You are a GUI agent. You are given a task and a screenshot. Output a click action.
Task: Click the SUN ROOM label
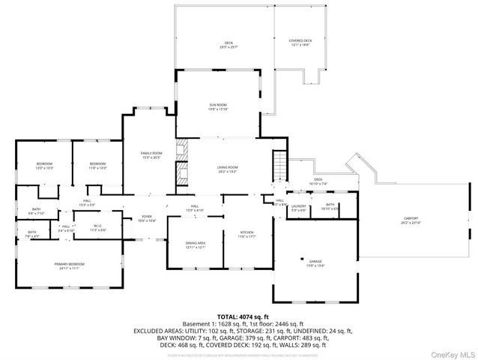[217, 106]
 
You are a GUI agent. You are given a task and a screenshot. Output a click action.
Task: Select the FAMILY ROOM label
[152, 155]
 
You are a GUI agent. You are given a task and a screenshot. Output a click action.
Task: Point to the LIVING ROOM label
[228, 169]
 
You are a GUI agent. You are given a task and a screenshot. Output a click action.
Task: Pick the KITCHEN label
[247, 234]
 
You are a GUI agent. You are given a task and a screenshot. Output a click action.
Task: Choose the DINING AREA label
[196, 245]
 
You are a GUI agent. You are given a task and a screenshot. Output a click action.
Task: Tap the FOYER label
[147, 219]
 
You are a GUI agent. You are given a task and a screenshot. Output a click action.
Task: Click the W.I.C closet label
[98, 228]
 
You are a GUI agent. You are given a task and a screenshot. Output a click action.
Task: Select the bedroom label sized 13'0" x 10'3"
[44, 166]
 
